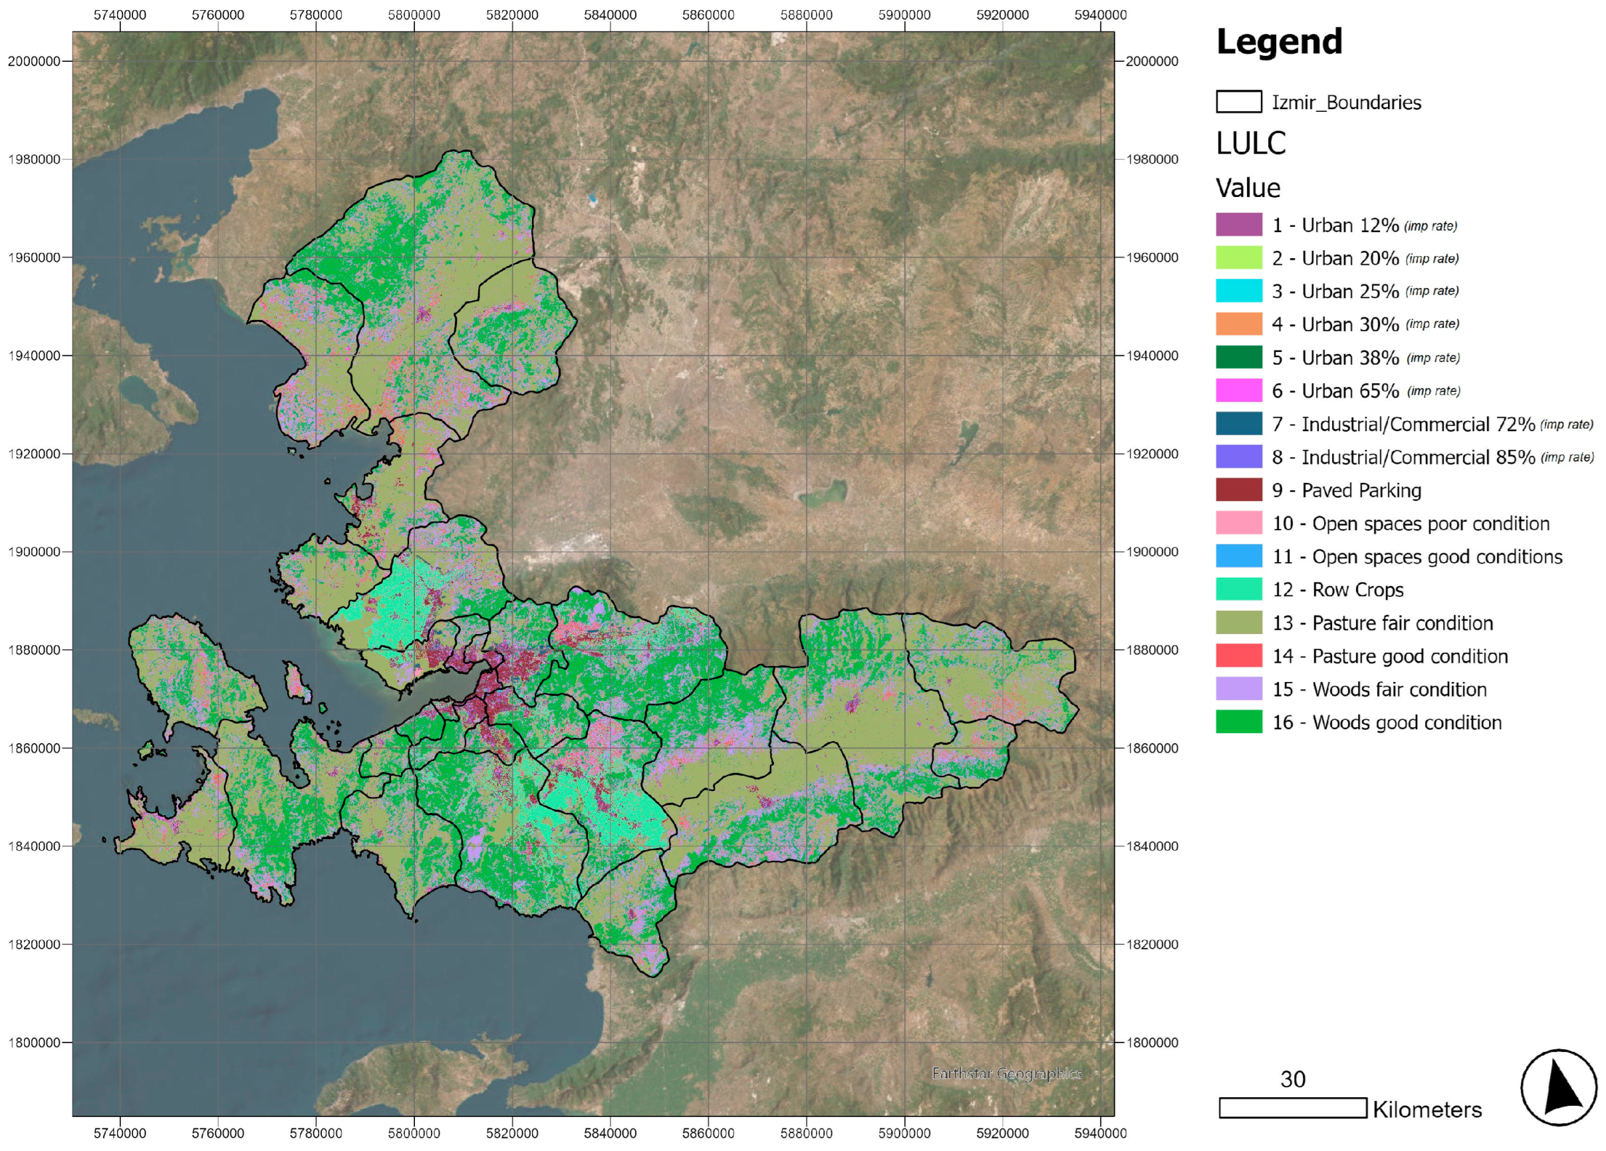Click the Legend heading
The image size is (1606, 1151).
[x=1278, y=42]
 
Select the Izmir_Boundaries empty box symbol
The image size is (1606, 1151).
[x=1238, y=102]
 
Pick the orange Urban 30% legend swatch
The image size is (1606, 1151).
[x=1238, y=325]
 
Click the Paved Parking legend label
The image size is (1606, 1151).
[x=1346, y=490]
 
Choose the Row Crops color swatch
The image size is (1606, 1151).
[x=1238, y=589]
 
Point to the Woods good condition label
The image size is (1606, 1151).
[x=1387, y=723]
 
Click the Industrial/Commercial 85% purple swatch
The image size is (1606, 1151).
[x=1238, y=457]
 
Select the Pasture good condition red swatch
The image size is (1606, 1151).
[x=1238, y=656]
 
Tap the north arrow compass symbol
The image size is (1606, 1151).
[x=1558, y=1088]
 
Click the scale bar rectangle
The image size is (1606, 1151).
[x=1292, y=1108]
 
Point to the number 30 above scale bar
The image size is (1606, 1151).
[x=1292, y=1078]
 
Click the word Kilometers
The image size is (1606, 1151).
[x=1426, y=1109]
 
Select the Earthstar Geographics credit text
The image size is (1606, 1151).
[x=1005, y=1073]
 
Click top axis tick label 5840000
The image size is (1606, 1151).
[x=610, y=15]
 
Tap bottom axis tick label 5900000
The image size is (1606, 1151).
[x=904, y=1133]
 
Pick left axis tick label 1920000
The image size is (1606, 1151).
[x=33, y=454]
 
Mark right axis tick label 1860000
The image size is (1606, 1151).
[x=1151, y=748]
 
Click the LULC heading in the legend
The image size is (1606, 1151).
[x=1250, y=143]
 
